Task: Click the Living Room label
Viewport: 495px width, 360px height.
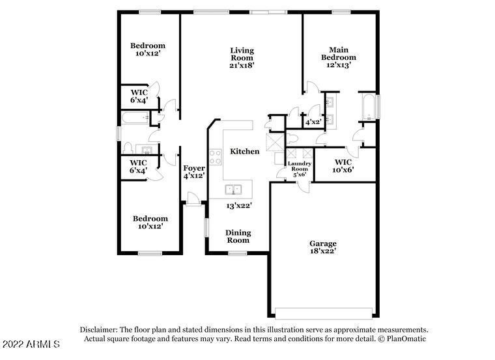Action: pos(242,54)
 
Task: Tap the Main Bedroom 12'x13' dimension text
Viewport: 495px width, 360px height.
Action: pos(339,65)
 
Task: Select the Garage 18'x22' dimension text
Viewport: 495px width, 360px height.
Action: pos(322,251)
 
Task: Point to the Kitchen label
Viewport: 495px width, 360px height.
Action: pos(245,152)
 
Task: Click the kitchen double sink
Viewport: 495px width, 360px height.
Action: pos(233,189)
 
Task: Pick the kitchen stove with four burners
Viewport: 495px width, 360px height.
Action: pos(216,157)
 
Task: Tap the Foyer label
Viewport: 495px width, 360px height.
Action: pos(194,168)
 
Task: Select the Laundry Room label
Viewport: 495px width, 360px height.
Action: pos(299,166)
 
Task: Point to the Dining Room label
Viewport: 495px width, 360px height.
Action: pos(238,236)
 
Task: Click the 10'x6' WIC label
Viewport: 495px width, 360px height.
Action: pos(343,166)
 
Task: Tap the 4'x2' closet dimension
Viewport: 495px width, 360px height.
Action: pos(313,122)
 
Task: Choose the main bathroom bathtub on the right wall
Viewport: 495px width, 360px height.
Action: pos(369,106)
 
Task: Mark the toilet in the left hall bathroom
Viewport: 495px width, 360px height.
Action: pos(128,148)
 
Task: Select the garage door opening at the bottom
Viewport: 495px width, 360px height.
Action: pos(324,314)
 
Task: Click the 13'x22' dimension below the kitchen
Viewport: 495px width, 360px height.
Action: pos(238,206)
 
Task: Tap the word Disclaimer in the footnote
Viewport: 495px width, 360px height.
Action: pos(99,329)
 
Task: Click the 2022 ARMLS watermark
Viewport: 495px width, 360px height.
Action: pos(31,344)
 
